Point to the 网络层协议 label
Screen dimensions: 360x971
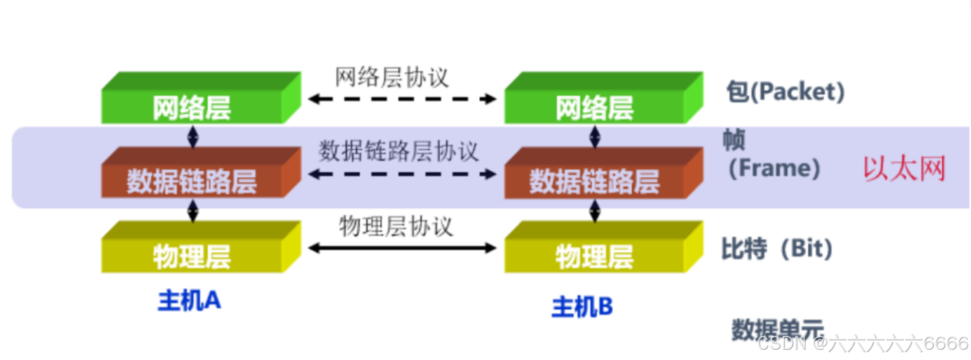point(392,77)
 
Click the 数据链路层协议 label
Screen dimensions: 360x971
point(398,152)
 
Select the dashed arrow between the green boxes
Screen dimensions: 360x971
point(402,98)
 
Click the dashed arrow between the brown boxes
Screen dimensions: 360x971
point(402,173)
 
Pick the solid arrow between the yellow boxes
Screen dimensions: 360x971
point(402,248)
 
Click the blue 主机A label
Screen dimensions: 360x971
point(189,301)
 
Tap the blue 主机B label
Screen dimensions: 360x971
point(582,307)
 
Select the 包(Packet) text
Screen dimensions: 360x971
point(785,93)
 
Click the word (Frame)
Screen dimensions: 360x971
point(774,168)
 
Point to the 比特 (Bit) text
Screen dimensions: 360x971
point(777,249)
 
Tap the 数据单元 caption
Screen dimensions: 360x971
point(777,330)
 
